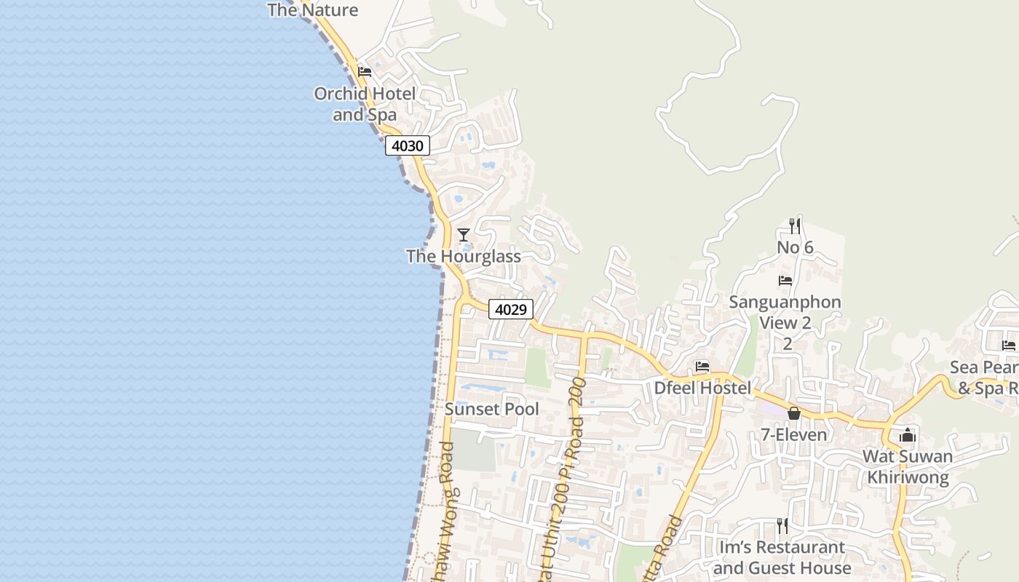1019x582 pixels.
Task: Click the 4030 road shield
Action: [x=408, y=145]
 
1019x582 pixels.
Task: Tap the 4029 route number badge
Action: [x=510, y=309]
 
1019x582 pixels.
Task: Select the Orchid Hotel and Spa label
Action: [x=365, y=104]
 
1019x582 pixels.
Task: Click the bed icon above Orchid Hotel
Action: [x=365, y=71]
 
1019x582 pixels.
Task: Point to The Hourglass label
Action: [x=464, y=256]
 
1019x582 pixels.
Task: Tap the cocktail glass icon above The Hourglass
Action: [x=464, y=234]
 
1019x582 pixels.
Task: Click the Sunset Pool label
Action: [x=492, y=409]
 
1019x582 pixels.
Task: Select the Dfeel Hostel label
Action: [x=702, y=388]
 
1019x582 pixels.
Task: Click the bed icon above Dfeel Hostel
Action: [x=702, y=367]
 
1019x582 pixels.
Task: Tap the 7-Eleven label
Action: [x=794, y=435]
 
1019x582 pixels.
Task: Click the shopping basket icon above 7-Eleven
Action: [x=794, y=413]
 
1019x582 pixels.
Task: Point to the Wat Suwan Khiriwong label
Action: [x=908, y=467]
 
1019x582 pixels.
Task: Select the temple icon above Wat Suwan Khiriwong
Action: [x=908, y=435]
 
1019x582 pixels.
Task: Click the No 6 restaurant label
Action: [x=795, y=247]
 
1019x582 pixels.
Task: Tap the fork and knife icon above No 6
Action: [x=795, y=226]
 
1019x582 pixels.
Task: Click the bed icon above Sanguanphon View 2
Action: [x=785, y=280]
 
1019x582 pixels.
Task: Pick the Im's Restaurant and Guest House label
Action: [x=782, y=557]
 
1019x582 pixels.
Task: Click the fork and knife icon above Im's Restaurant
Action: [x=782, y=525]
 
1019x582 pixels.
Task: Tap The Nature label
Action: [x=313, y=10]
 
